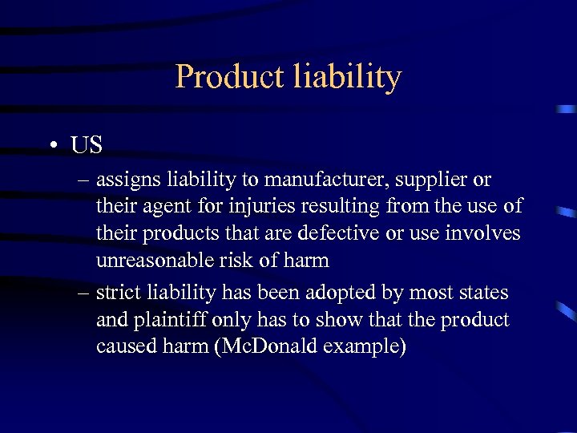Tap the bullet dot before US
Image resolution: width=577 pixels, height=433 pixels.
point(52,147)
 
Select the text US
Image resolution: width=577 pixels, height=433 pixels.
point(87,145)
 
